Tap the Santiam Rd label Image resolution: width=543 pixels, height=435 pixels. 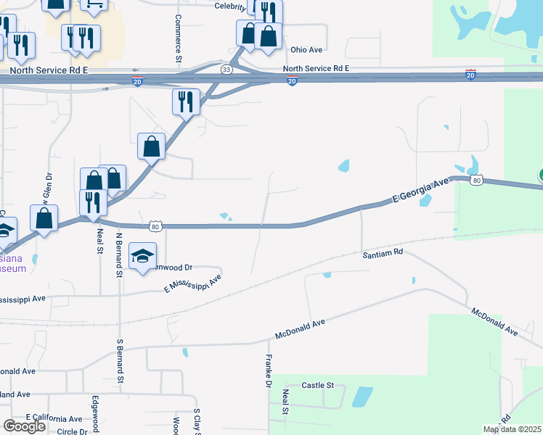[x=383, y=254]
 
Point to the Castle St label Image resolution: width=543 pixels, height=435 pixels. [x=317, y=385]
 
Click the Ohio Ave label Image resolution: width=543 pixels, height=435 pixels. [x=306, y=50]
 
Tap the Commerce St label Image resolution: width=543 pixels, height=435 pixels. [x=178, y=37]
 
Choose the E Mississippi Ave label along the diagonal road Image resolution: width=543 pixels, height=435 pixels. [x=192, y=283]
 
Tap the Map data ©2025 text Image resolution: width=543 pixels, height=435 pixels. [x=513, y=429]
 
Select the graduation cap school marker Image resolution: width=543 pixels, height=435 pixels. [x=143, y=254]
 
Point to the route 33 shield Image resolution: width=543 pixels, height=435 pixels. [x=227, y=69]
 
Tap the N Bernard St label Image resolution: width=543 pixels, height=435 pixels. [x=118, y=254]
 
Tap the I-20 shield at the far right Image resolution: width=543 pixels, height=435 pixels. [x=470, y=75]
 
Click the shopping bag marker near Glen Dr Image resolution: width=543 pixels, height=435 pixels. [x=44, y=217]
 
